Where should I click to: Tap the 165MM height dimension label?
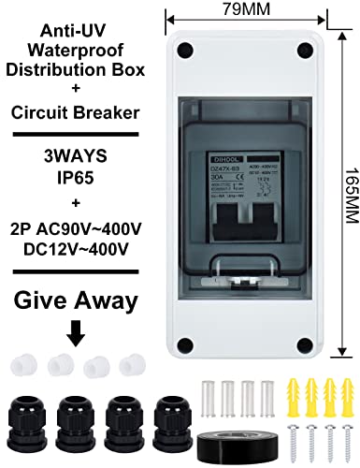click(x=350, y=188)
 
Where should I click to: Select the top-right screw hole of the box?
click(x=303, y=49)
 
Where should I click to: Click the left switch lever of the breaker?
click(x=229, y=220)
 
